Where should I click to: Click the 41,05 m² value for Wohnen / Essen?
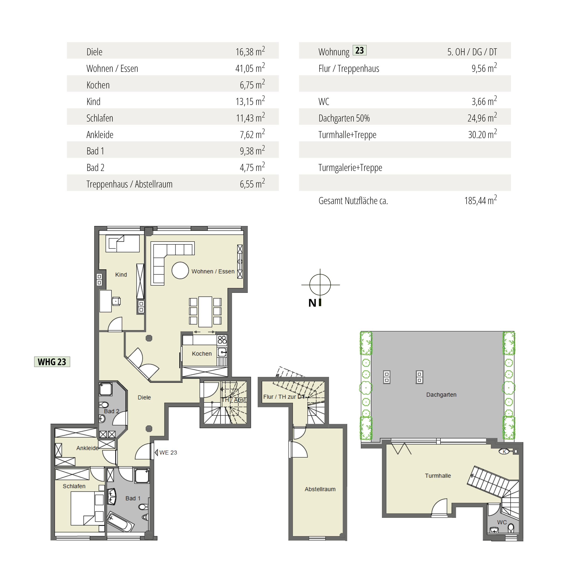[250, 68]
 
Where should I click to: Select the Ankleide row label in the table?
[100, 135]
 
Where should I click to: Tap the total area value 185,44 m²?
[481, 200]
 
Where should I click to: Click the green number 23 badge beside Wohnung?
[359, 50]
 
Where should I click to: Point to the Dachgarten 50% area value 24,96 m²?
[482, 117]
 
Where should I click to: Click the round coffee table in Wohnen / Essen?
[180, 270]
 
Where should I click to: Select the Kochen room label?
[202, 354]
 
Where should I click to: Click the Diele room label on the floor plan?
[144, 397]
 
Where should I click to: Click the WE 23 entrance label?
[168, 452]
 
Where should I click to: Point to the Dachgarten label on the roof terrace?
[441, 395]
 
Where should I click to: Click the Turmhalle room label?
[438, 476]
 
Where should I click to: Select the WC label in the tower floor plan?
[502, 522]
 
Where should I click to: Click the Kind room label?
[121, 274]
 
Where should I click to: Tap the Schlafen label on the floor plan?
[74, 486]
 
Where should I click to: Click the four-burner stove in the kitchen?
[222, 340]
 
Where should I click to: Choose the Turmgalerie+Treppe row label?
[350, 168]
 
